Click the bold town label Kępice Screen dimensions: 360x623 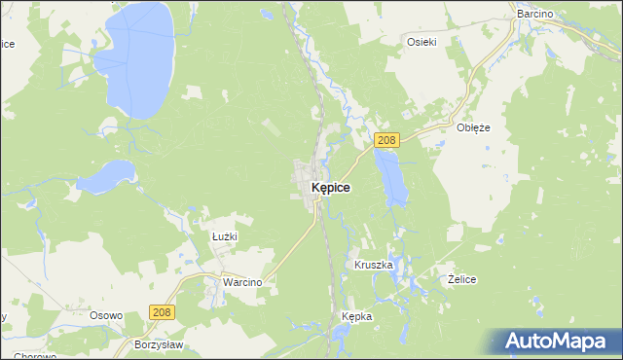331,186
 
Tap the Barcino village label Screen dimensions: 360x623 534,15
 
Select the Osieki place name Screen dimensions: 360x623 421,41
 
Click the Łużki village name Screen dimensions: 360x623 225,235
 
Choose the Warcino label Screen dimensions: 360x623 242,281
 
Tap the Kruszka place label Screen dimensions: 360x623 373,265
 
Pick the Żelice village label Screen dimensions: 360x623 461,279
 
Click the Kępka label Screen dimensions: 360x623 357,317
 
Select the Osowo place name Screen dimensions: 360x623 105,315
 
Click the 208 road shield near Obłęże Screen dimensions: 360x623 386,140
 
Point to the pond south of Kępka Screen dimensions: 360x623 343,338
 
